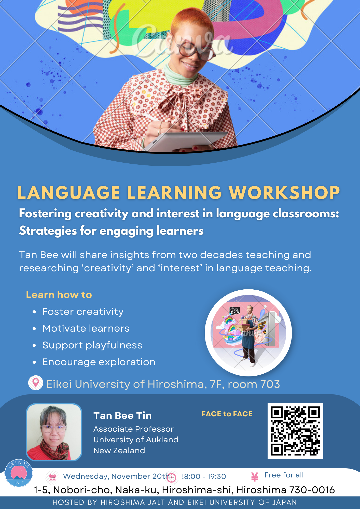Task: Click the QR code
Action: click(295, 431)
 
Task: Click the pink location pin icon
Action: click(36, 383)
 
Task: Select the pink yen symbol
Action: click(255, 477)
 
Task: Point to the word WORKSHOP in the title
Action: click(284, 193)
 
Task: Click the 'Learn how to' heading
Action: click(59, 295)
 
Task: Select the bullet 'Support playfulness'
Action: click(92, 345)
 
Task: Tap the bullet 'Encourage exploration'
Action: click(99, 362)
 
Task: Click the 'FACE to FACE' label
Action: click(227, 414)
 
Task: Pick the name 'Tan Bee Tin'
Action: click(122, 416)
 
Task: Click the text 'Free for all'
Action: click(284, 475)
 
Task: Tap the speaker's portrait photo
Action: click(54, 432)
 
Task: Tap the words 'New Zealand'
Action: click(119, 450)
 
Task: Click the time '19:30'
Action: click(217, 477)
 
